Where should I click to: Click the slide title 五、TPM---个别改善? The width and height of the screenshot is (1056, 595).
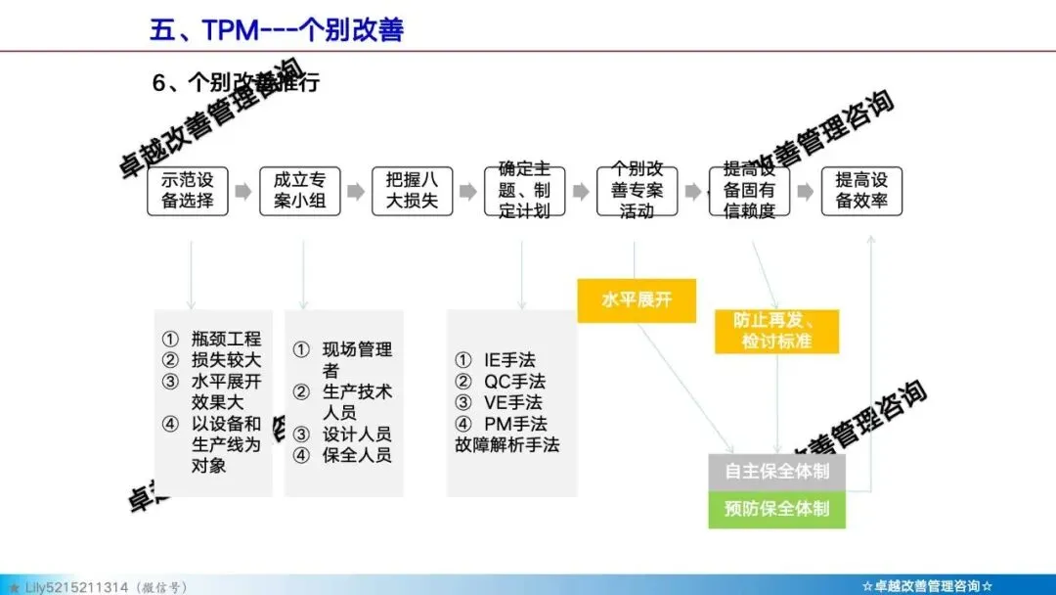[x=277, y=29]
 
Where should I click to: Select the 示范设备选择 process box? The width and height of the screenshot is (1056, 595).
[x=187, y=192]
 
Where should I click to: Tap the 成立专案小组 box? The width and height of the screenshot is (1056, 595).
[x=299, y=192]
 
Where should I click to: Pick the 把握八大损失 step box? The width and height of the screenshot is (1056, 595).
[x=412, y=192]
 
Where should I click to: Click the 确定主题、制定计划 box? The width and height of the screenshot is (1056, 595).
[x=524, y=192]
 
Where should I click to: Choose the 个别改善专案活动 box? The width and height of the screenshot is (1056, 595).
[x=637, y=192]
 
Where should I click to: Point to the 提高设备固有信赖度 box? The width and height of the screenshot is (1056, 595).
[x=749, y=192]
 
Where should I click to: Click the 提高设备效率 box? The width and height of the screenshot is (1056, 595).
[x=861, y=192]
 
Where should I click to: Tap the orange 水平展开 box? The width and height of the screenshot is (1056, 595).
[x=637, y=299]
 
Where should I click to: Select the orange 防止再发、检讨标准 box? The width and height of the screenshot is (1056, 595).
[x=777, y=331]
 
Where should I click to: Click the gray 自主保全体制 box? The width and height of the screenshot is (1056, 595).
[x=777, y=471]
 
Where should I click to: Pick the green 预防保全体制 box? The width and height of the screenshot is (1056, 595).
[x=777, y=508]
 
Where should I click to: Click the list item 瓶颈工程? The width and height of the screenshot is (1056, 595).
[x=226, y=340]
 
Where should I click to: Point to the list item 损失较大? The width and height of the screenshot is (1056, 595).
[x=226, y=360]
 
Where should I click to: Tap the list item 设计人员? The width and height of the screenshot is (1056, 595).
[x=357, y=434]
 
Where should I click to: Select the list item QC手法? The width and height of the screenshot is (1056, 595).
[x=514, y=381]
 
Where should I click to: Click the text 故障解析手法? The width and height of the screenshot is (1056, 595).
[x=506, y=444]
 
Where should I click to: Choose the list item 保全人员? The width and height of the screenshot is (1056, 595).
[x=357, y=455]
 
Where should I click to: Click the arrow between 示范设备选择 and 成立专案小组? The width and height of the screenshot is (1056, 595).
[x=243, y=193]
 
